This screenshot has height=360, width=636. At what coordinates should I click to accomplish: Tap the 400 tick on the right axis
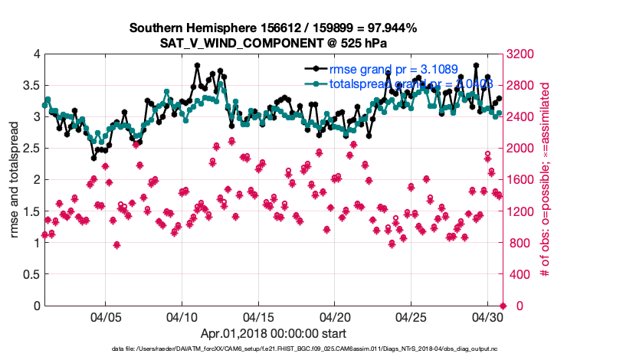(x=520, y=274)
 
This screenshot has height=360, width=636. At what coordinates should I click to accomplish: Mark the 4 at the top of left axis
(x=36, y=54)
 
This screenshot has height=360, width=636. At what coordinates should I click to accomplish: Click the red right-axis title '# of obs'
(x=545, y=179)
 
